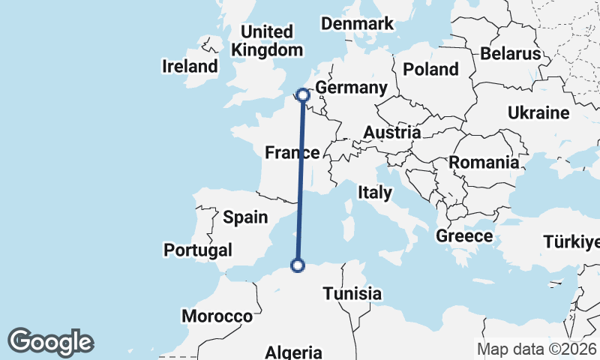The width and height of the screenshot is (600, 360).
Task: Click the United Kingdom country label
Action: click(x=268, y=41)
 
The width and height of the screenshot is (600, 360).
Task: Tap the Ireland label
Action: click(x=190, y=66)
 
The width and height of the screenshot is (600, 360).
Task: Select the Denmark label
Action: click(x=357, y=24)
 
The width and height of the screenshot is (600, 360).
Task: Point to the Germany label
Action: click(x=351, y=88)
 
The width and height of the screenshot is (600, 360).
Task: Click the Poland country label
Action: click(x=430, y=70)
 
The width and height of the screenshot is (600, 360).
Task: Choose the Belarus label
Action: click(x=510, y=54)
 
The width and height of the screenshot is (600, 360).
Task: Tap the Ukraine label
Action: click(x=538, y=113)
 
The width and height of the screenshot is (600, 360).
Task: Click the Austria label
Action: click(x=391, y=133)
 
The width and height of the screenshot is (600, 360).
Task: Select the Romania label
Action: click(x=484, y=162)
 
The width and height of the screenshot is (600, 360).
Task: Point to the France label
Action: click(x=292, y=153)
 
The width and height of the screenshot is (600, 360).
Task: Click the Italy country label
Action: click(x=374, y=193)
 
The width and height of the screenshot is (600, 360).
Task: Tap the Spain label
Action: click(x=245, y=217)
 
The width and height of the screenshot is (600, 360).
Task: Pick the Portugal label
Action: click(x=198, y=250)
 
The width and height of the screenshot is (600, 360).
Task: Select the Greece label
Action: click(x=464, y=236)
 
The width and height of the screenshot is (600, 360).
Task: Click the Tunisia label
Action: click(x=353, y=293)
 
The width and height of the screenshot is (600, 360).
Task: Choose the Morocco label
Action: click(x=217, y=316)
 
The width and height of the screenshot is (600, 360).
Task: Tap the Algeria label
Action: click(x=294, y=352)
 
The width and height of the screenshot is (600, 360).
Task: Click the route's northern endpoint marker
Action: click(x=303, y=95)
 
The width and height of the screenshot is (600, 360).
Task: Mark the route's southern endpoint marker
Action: click(x=298, y=265)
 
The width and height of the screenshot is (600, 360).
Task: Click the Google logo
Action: click(x=50, y=342)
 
